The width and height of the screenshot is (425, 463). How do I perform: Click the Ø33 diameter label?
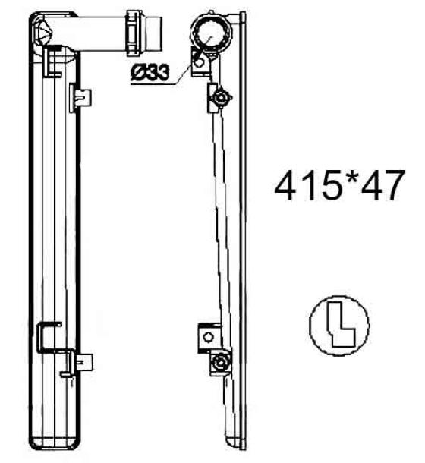pyautogui.click(x=150, y=72)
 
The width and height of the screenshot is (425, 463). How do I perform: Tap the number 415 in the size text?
pyautogui.click(x=308, y=186)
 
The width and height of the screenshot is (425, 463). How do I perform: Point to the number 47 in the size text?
pyautogui.click(x=382, y=186)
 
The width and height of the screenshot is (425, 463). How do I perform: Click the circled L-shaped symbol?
pyautogui.click(x=339, y=326)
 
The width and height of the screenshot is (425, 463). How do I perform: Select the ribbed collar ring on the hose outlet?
pyautogui.click(x=134, y=33)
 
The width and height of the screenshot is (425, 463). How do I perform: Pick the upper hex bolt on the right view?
pyautogui.click(x=220, y=97)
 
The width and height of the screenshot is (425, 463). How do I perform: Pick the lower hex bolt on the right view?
pyautogui.click(x=220, y=362)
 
